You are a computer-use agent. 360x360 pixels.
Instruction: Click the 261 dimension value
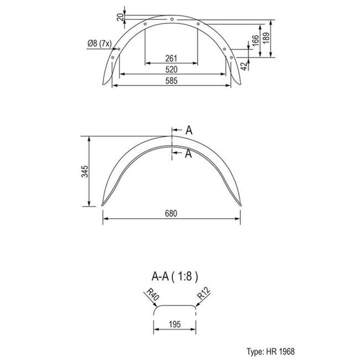pos(171,59)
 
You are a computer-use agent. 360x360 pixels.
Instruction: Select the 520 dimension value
pos(171,69)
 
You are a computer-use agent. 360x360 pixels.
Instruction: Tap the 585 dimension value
pos(171,81)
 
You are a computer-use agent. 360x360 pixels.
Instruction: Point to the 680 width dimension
pos(171,214)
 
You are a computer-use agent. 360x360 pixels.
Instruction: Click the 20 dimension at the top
pos(120,17)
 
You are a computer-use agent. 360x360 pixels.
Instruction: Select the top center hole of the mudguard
pos(172,20)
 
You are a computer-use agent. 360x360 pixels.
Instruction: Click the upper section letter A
pos(189,131)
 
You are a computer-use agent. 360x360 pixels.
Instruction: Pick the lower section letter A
pos(189,154)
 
